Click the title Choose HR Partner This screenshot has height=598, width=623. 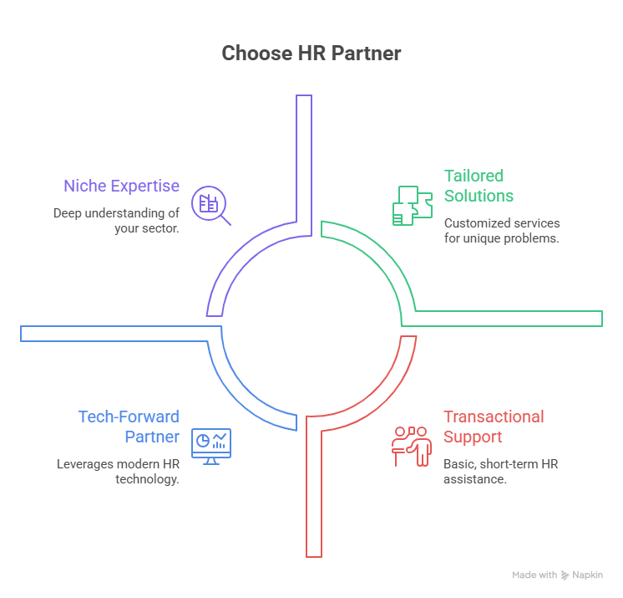(311, 54)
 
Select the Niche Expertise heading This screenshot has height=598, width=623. (121, 186)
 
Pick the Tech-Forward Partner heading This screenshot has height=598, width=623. (129, 427)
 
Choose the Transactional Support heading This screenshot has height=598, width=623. (494, 427)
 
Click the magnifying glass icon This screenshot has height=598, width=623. (210, 206)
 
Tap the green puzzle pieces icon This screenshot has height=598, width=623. (411, 205)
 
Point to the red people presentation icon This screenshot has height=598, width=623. (411, 445)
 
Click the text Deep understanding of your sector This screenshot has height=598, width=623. (116, 220)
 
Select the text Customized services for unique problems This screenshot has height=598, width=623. (502, 230)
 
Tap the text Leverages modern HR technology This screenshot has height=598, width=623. (118, 471)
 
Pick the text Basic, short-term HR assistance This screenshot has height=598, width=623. (501, 471)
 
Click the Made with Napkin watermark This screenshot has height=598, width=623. (557, 575)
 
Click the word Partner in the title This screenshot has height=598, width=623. (365, 54)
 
